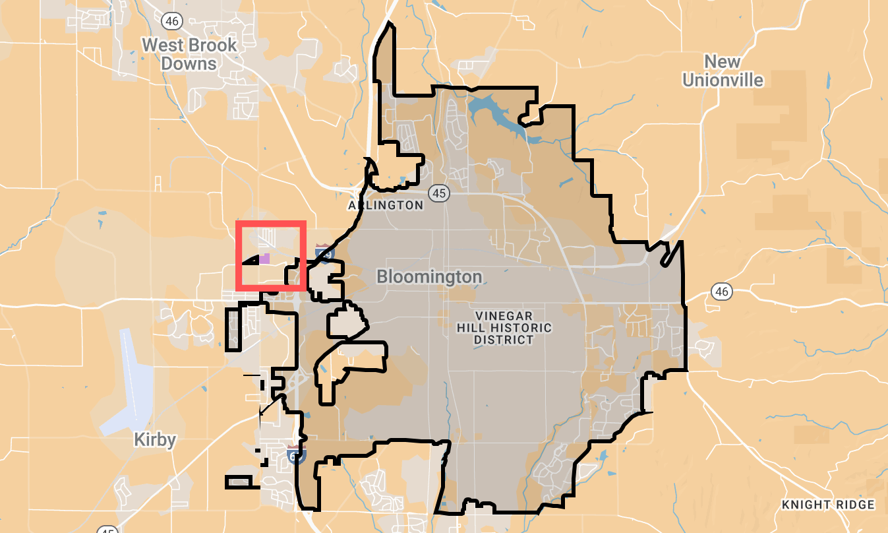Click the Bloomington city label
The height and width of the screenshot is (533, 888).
429,276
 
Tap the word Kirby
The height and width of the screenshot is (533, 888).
155,439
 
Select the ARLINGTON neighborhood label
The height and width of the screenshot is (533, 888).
386,205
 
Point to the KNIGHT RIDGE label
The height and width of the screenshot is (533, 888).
828,505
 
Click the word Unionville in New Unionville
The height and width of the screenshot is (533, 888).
723,80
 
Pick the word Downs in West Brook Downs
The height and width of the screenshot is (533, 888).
189,64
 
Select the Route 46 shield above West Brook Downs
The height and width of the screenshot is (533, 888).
171,21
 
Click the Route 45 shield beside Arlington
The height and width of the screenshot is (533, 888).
438,193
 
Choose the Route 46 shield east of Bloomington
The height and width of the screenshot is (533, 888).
722,291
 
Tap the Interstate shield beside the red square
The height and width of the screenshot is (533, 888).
324,251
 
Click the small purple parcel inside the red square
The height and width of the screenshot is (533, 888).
264,258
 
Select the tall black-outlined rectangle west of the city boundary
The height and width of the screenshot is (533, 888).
233,329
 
